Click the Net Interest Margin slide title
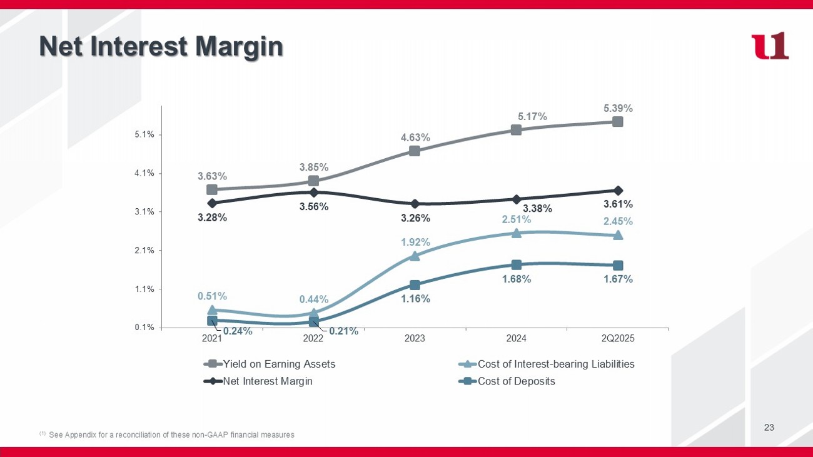(161, 47)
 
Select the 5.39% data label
(618, 108)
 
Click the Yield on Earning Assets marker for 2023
(415, 151)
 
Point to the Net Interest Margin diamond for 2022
(314, 193)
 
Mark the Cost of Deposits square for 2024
(516, 265)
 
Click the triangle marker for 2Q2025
(618, 235)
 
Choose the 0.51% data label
(212, 296)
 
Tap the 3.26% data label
(415, 218)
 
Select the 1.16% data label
(415, 298)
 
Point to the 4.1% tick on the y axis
(146, 173)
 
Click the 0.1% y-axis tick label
(146, 328)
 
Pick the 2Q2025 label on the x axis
(618, 339)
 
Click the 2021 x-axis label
(212, 339)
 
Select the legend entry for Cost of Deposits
(516, 381)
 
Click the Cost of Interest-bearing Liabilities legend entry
(556, 364)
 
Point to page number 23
(769, 428)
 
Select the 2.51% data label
(516, 219)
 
